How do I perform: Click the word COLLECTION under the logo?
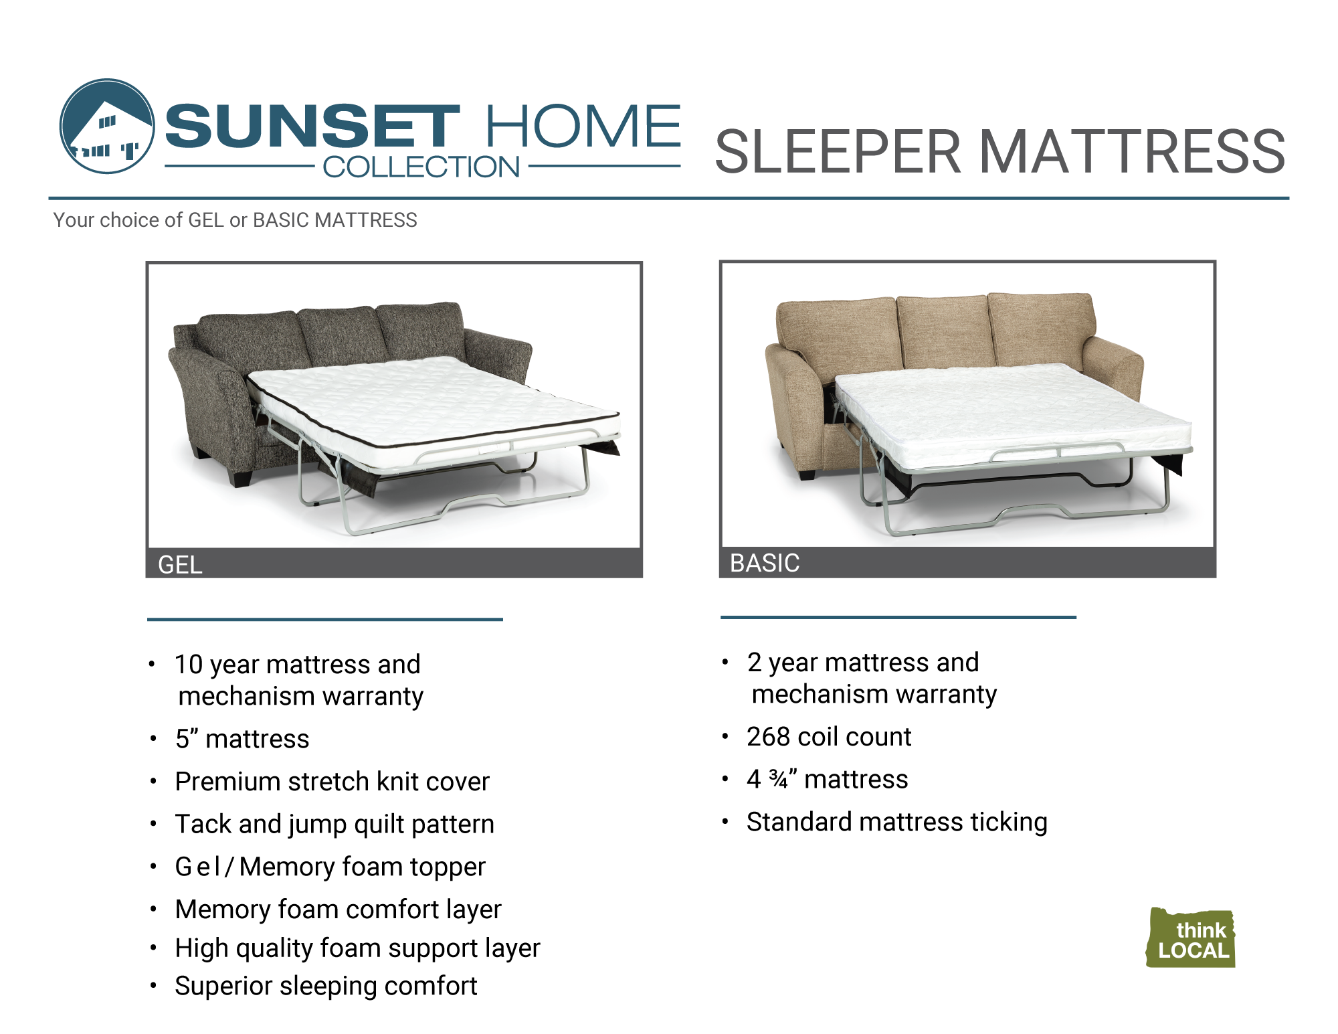421,167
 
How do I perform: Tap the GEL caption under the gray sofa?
180,565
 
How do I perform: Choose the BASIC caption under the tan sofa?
765,563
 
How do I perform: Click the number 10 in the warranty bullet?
189,665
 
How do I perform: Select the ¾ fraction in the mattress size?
779,779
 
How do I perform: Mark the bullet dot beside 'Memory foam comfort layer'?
153,909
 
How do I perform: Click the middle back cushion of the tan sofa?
943,330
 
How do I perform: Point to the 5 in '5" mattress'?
183,740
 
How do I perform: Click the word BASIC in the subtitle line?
282,220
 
